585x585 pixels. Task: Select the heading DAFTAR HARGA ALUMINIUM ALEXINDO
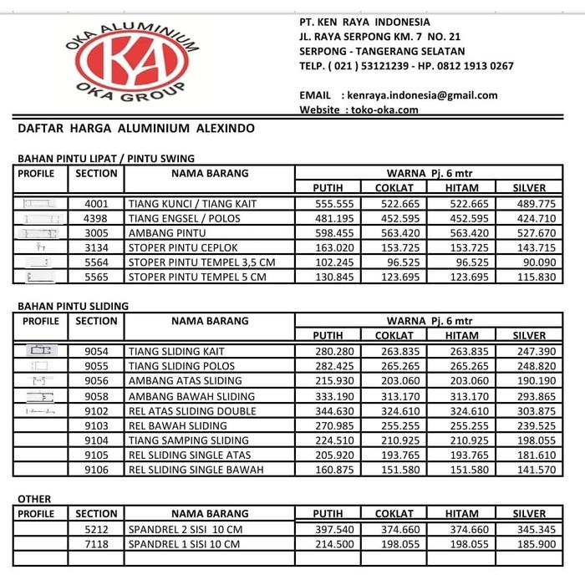[x=136, y=130]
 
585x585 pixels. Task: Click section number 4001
[x=96, y=204]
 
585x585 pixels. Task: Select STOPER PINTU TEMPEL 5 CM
[x=197, y=277]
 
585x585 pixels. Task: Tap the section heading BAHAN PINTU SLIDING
[x=73, y=306]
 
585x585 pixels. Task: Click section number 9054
[x=96, y=351]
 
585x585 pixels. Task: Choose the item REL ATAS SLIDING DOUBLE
[x=192, y=411]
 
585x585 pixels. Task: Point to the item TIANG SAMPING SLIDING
[x=189, y=440]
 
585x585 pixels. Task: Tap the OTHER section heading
[x=34, y=499]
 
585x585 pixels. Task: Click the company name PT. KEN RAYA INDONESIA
[x=364, y=22]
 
